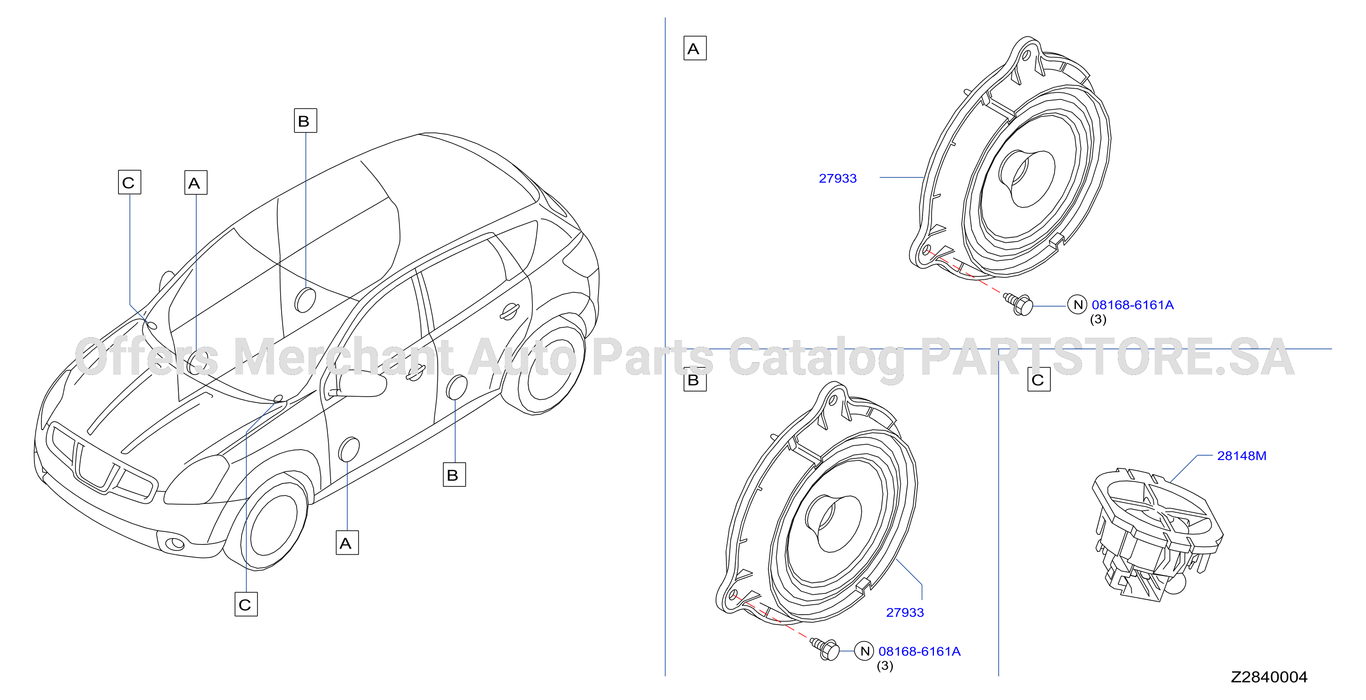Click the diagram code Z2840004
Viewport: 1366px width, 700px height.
click(x=1268, y=677)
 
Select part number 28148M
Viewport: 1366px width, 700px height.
click(x=1241, y=456)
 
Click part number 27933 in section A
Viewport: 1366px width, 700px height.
click(x=837, y=178)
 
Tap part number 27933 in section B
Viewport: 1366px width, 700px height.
click(x=905, y=612)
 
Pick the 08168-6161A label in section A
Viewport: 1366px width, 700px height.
click(x=1133, y=305)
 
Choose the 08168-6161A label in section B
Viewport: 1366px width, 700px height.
click(x=919, y=651)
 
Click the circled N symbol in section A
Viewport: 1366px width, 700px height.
click(x=1077, y=305)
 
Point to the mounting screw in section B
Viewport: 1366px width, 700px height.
click(x=825, y=649)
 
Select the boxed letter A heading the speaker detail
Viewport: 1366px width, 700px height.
click(x=695, y=48)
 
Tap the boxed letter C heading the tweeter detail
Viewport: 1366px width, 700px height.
click(x=1039, y=380)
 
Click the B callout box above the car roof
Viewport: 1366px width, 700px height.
click(x=306, y=120)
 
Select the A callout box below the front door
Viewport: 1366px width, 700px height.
click(x=347, y=542)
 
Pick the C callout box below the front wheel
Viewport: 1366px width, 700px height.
click(x=246, y=604)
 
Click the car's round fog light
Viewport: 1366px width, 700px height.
click(x=175, y=543)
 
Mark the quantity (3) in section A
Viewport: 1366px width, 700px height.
click(x=1098, y=319)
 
